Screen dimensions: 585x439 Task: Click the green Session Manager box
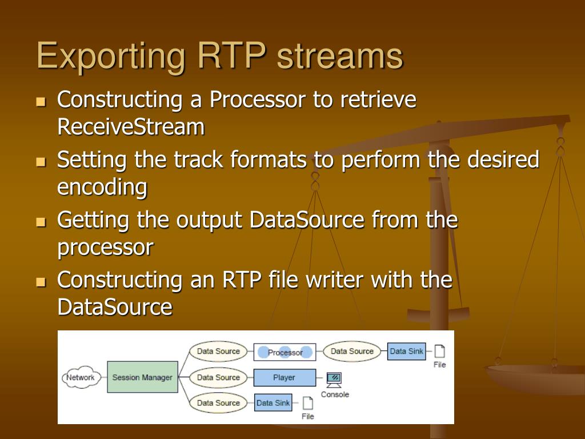pyautogui.click(x=142, y=377)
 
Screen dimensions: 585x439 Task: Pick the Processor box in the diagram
pyautogui.click(x=285, y=352)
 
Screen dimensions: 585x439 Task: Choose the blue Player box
pyautogui.click(x=284, y=377)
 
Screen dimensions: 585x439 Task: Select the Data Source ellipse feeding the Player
pyautogui.click(x=218, y=377)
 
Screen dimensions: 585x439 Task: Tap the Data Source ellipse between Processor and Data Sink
pyautogui.click(x=352, y=352)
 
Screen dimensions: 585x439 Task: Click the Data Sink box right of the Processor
pyautogui.click(x=407, y=352)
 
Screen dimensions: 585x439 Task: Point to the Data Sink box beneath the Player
pyautogui.click(x=273, y=403)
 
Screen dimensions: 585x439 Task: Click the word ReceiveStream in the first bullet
pyautogui.click(x=131, y=127)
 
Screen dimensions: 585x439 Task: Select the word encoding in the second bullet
pyautogui.click(x=102, y=187)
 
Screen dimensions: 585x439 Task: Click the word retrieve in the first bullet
pyautogui.click(x=378, y=100)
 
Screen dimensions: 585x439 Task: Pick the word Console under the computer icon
pyautogui.click(x=335, y=394)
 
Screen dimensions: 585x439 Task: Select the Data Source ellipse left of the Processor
pyautogui.click(x=218, y=352)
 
